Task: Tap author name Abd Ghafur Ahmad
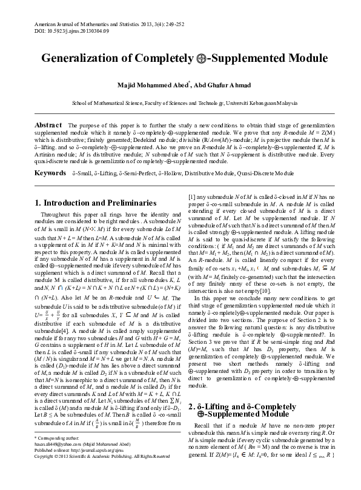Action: point(218,84)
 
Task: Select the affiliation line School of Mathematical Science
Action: point(180,104)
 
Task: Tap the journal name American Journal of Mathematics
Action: point(72,21)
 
